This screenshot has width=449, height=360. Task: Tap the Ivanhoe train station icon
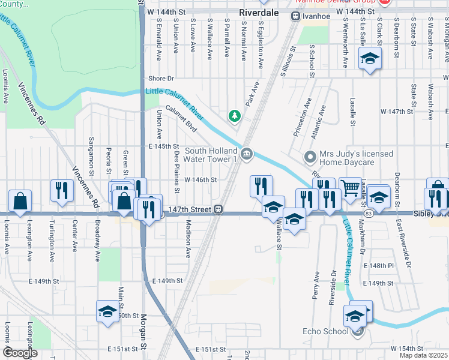tap(295, 17)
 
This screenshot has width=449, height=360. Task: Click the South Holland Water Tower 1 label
tap(211, 155)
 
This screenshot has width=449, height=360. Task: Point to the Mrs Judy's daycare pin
tap(310, 157)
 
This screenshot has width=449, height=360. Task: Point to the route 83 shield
tap(367, 214)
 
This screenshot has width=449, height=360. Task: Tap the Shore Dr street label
tap(161, 79)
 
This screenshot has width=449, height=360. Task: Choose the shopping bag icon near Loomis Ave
tap(20, 201)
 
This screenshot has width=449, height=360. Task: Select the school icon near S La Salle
tap(369, 59)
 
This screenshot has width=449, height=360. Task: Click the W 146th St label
tap(200, 179)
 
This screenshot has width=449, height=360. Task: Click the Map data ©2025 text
tap(424, 355)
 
